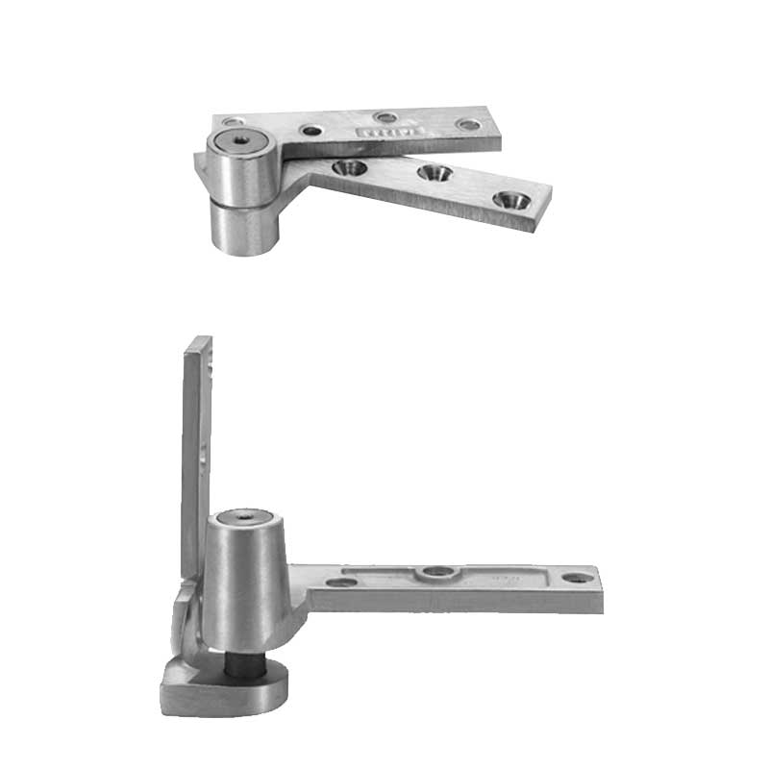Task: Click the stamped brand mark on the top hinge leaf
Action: coord(378,131)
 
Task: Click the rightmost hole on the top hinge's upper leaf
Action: coord(468,124)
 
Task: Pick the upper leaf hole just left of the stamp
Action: coord(312,130)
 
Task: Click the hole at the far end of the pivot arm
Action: coord(575,579)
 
